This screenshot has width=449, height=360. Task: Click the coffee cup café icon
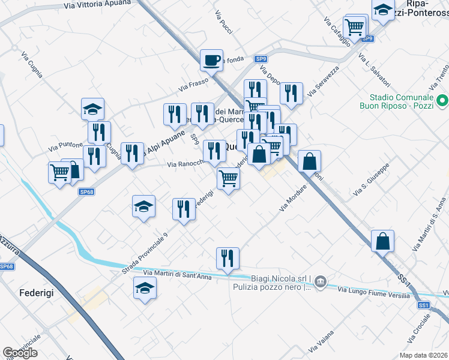point(211,60)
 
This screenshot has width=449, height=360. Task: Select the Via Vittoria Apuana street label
point(100,5)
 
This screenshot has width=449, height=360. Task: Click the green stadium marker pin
point(442,101)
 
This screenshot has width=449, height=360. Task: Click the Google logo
point(20,353)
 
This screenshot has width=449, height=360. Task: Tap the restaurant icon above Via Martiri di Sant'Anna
point(228,257)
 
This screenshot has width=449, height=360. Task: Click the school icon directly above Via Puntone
point(93,109)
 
